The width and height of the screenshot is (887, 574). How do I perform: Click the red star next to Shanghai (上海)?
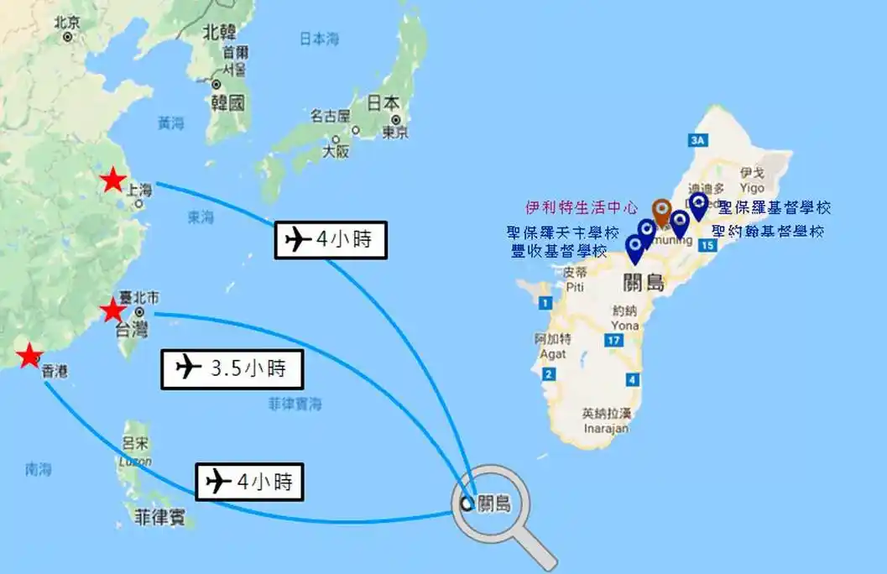pyautogui.click(x=112, y=180)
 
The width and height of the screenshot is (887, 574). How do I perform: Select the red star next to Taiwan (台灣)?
pyautogui.click(x=112, y=311)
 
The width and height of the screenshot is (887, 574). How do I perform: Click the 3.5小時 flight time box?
pyautogui.click(x=232, y=368)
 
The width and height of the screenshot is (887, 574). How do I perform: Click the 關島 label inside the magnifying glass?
pyautogui.click(x=492, y=504)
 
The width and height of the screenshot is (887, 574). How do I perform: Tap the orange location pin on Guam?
pyautogui.click(x=661, y=211)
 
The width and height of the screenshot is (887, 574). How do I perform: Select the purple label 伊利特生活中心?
pyautogui.click(x=582, y=206)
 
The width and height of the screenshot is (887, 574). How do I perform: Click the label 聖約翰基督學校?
pyautogui.click(x=768, y=231)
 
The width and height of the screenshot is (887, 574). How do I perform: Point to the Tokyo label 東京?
pyautogui.click(x=395, y=132)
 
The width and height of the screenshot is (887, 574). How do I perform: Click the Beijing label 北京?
pyautogui.click(x=66, y=23)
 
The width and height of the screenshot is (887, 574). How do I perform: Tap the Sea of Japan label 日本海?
pyautogui.click(x=320, y=38)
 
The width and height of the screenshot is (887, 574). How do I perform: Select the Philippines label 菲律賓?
pyautogui.click(x=154, y=514)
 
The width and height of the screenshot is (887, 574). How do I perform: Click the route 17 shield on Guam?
pyautogui.click(x=615, y=340)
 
